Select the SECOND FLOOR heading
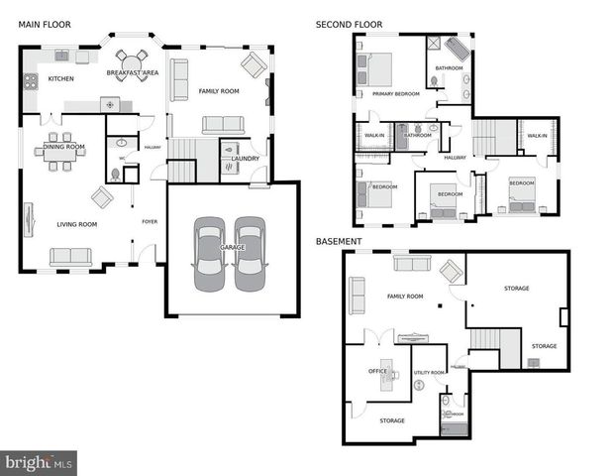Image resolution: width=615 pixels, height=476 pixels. point(349,24)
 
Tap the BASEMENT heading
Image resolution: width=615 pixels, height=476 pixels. point(338,241)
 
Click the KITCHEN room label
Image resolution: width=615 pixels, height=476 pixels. point(61,78)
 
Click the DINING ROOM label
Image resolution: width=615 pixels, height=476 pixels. point(63,147)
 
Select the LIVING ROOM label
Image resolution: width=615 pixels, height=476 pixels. point(75,225)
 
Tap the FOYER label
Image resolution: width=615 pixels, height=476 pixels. point(150,221)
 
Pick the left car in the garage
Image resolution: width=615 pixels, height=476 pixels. point(211,255)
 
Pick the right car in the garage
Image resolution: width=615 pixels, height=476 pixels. point(250,255)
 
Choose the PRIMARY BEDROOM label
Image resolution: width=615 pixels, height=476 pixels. point(395,94)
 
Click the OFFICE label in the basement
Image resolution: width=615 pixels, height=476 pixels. point(377,371)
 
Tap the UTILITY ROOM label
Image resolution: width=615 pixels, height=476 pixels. point(429,372)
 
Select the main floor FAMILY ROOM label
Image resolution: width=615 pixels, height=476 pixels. point(219,90)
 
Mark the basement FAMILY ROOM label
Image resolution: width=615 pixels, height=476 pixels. point(404,297)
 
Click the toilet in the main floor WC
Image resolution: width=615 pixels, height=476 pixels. point(116,174)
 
